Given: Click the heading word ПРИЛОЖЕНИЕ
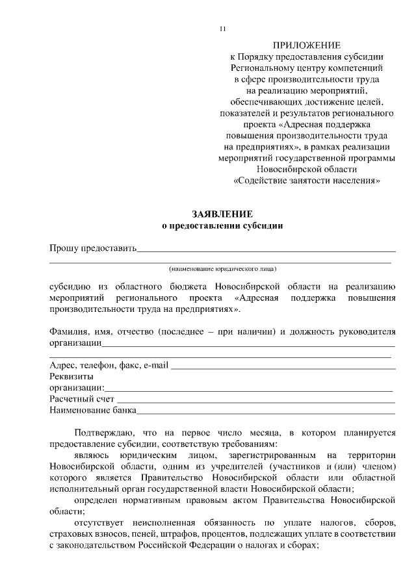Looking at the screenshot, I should [x=306, y=45].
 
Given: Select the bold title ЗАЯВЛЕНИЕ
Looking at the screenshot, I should [x=222, y=214].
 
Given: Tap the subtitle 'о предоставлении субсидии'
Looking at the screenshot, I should [x=222, y=226].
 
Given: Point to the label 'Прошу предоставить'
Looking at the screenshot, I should [x=93, y=248].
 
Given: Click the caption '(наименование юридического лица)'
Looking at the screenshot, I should [x=222, y=268].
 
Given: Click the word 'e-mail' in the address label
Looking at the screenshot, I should [x=157, y=365].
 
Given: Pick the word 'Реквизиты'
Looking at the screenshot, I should [x=71, y=376].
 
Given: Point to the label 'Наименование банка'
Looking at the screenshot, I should [x=93, y=411].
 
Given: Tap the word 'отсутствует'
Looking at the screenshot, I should [x=99, y=523].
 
